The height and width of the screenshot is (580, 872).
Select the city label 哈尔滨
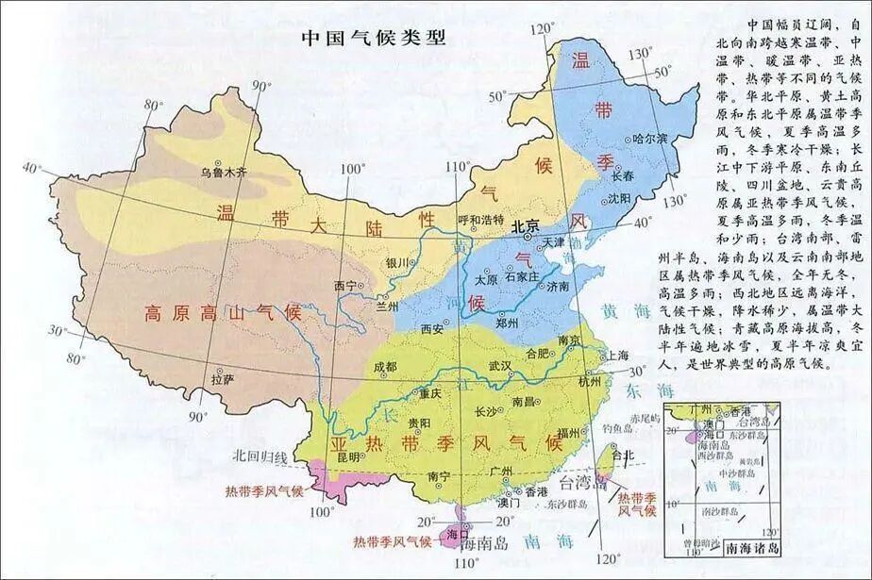[x=650, y=139]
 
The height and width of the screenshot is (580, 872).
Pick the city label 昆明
[x=347, y=456]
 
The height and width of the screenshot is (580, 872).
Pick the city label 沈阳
[x=618, y=198]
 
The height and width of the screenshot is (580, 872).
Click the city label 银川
[x=396, y=262]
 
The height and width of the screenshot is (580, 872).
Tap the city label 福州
[x=568, y=433]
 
